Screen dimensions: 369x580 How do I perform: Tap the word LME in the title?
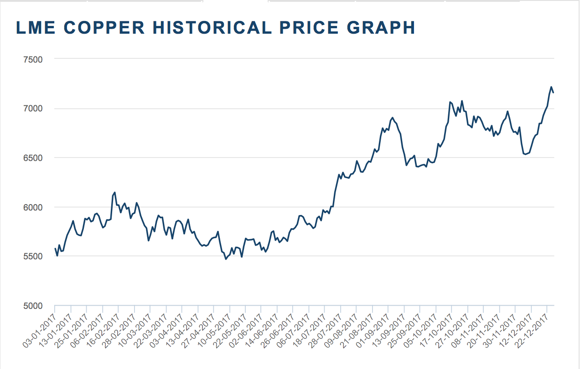pyautogui.click(x=36, y=28)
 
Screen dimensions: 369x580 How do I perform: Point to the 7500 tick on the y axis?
pyautogui.click(x=32, y=59)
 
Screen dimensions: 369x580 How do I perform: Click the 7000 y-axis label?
pyautogui.click(x=32, y=108)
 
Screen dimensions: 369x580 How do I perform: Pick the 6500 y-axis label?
pyautogui.click(x=32, y=158)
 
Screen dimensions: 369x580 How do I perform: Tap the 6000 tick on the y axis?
pyautogui.click(x=32, y=207)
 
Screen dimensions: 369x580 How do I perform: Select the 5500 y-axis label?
pyautogui.click(x=32, y=256)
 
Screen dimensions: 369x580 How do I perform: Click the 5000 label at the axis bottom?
pyautogui.click(x=32, y=306)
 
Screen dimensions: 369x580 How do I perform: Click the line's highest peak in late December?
pyautogui.click(x=551, y=87)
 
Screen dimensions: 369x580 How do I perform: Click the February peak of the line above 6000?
pyautogui.click(x=115, y=192)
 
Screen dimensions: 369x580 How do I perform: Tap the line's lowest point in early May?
pyautogui.click(x=225, y=259)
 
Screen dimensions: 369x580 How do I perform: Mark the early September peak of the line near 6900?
pyautogui.click(x=393, y=118)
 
